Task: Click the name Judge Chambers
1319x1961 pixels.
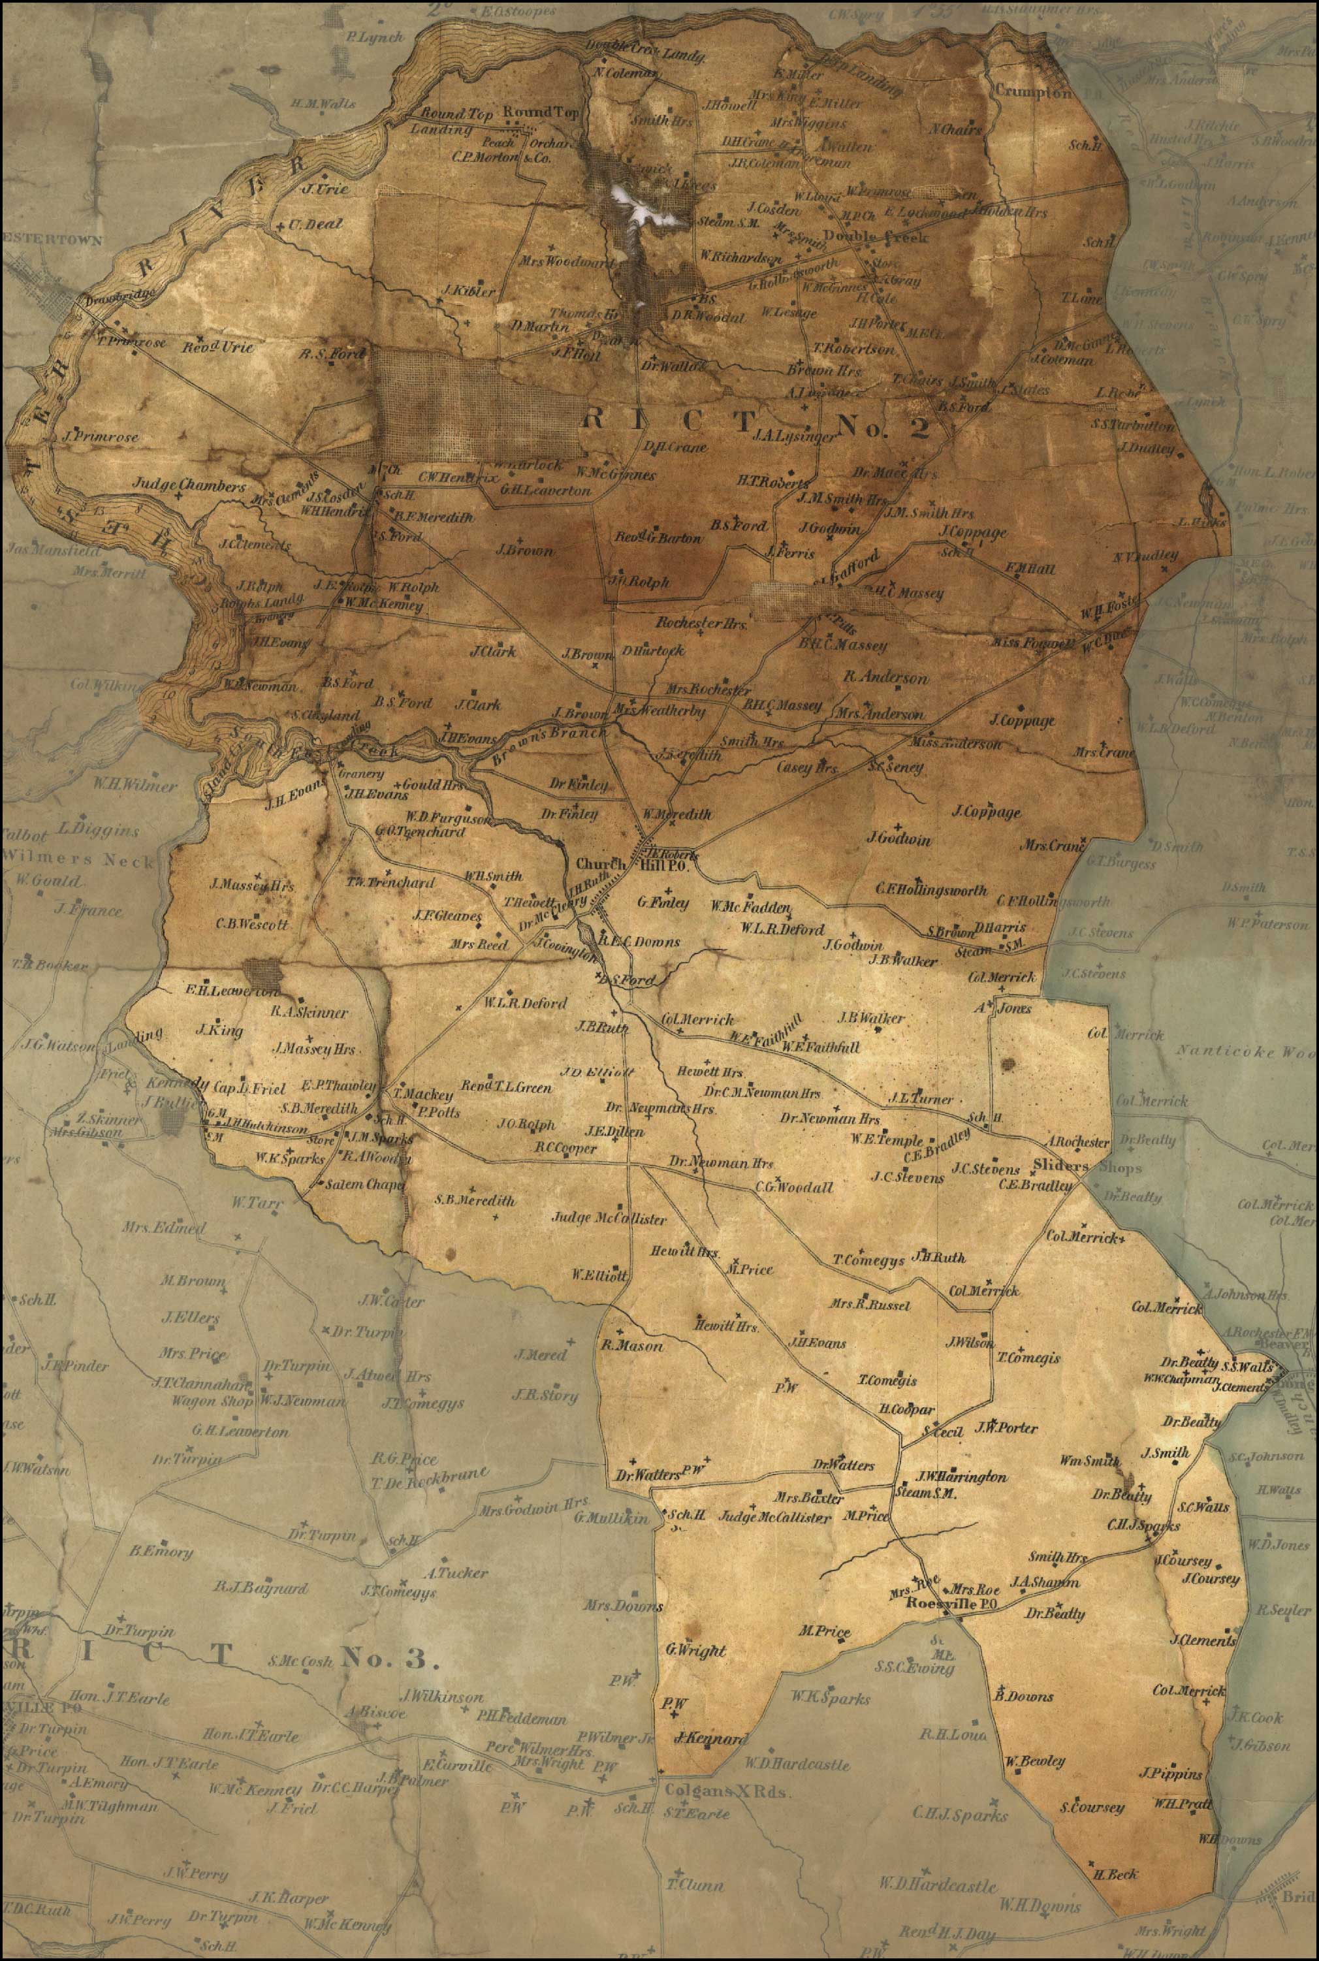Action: point(189,486)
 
